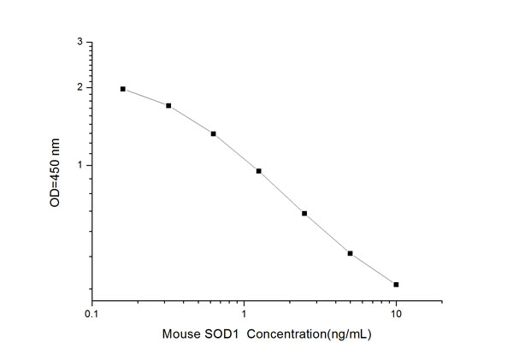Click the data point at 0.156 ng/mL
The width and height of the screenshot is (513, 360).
[x=123, y=89]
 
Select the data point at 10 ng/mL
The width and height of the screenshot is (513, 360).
[x=396, y=284]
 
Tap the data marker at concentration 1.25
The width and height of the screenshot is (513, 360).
[x=258, y=171]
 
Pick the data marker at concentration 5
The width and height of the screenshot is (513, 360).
[x=350, y=253]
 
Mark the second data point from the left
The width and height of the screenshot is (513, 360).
[x=168, y=106]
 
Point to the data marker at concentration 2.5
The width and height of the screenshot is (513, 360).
[x=304, y=213]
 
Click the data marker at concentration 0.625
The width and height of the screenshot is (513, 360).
[x=213, y=133]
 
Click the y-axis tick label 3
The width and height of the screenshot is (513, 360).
[x=80, y=42]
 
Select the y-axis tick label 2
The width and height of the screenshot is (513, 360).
[x=80, y=87]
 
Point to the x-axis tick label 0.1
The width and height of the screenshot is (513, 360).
[x=92, y=315]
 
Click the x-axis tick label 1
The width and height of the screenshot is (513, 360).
[x=245, y=315]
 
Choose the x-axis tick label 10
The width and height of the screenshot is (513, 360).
[x=396, y=315]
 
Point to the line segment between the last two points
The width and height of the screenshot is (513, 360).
[x=373, y=269]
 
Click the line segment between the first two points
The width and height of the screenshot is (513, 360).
[x=145, y=97]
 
